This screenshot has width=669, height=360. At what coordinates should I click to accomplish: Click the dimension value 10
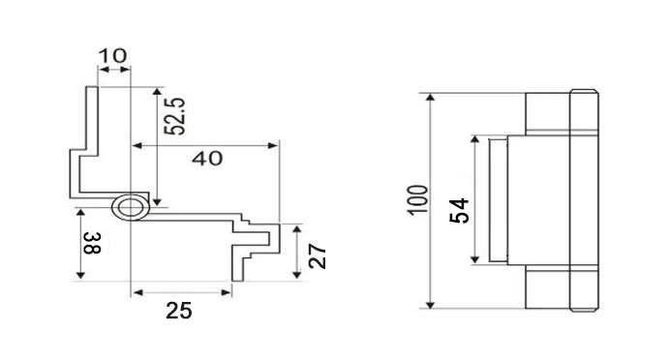112,55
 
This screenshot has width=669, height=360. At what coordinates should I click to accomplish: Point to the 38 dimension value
89,245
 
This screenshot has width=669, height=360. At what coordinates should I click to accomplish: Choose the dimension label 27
317,255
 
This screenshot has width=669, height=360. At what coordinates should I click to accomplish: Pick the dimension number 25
179,311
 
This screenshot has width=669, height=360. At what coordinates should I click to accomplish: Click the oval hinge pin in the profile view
129,206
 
